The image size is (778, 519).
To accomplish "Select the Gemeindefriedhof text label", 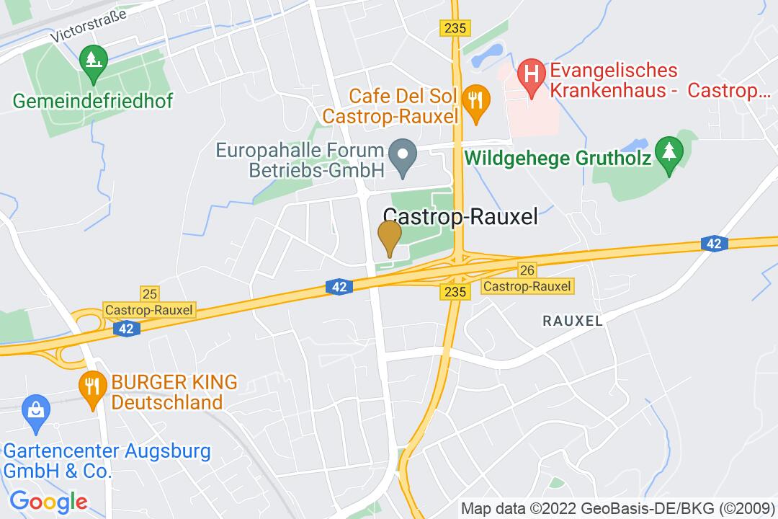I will pos(93,100).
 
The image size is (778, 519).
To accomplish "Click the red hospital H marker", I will pos(532,74).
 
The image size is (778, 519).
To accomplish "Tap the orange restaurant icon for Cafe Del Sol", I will pos(475,99).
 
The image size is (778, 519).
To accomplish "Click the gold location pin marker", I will pos(390,236).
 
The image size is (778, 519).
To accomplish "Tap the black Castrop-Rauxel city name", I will pos(461,217).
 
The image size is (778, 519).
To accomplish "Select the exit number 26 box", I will pos(527,270).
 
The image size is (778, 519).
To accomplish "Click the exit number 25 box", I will pos(150,293).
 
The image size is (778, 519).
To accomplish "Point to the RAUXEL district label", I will pos(573,321).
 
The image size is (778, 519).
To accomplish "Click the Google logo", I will pos(48,501).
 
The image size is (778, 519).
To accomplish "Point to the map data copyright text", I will pos(617,507).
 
